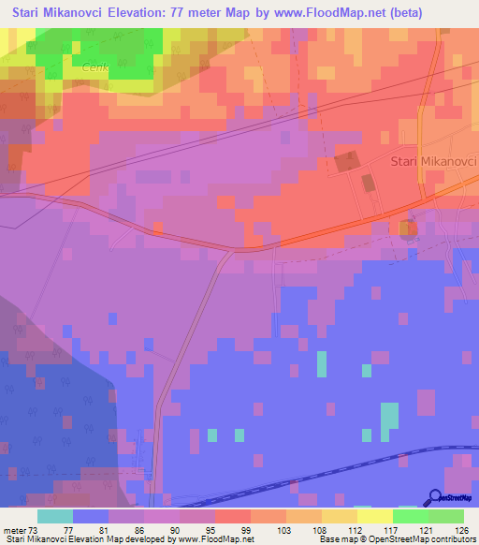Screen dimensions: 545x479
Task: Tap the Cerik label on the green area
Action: [96, 66]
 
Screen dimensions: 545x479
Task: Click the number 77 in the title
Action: [202, 13]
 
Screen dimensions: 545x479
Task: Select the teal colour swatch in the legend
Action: [54, 516]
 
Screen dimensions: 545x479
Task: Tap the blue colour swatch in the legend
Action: [90, 516]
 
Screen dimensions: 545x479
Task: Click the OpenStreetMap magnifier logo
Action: [435, 497]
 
